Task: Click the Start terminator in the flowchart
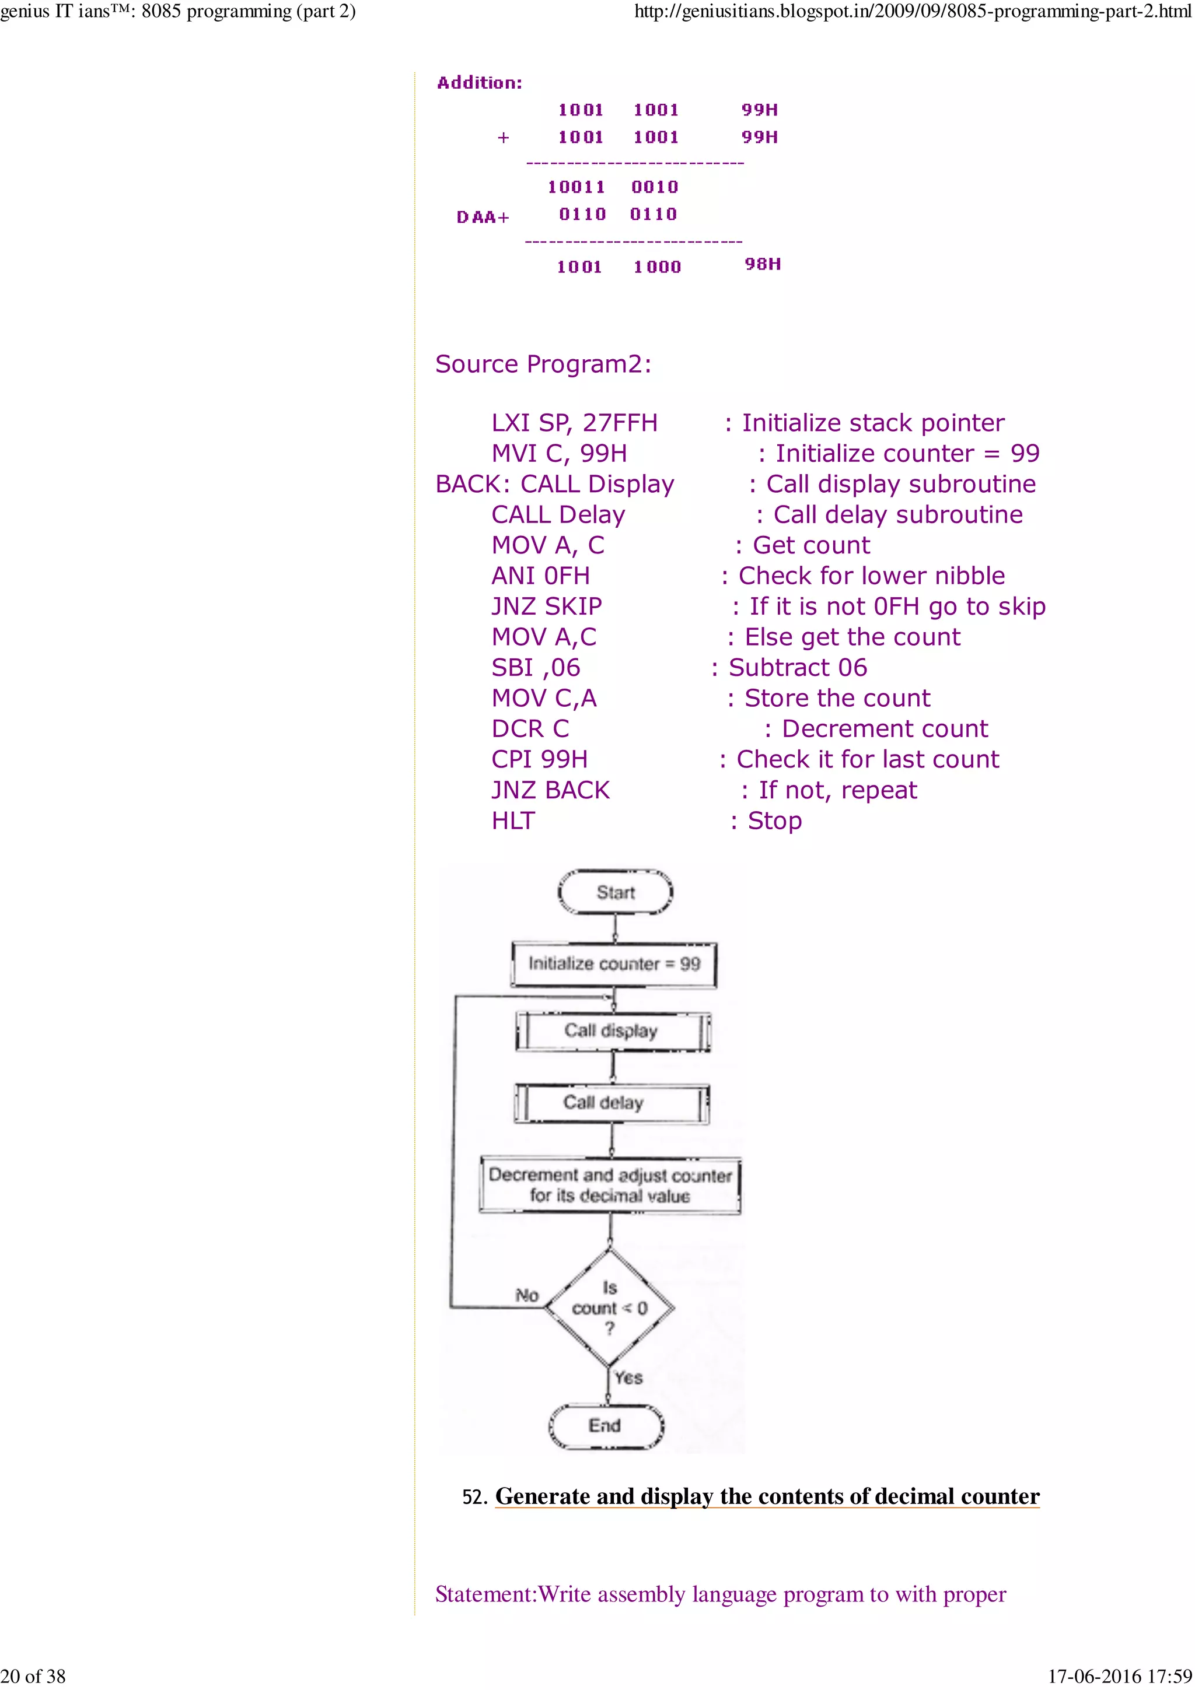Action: coord(616,892)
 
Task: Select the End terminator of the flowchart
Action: coord(605,1426)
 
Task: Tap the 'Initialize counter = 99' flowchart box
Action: coord(614,964)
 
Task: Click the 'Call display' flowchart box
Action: coord(613,1030)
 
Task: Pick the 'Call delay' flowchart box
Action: coord(611,1103)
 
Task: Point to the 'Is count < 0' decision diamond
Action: coord(609,1308)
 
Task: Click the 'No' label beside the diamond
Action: coord(526,1295)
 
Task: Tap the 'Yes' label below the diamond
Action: coord(628,1377)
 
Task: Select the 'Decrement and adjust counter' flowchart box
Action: coord(610,1185)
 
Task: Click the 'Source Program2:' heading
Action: coord(543,364)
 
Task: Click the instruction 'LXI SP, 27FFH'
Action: coord(574,423)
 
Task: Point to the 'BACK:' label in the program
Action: coord(472,485)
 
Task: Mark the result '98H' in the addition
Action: coord(763,264)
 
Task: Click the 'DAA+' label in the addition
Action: coord(483,217)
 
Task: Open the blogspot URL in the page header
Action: coord(913,12)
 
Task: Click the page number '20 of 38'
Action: coord(33,1676)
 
